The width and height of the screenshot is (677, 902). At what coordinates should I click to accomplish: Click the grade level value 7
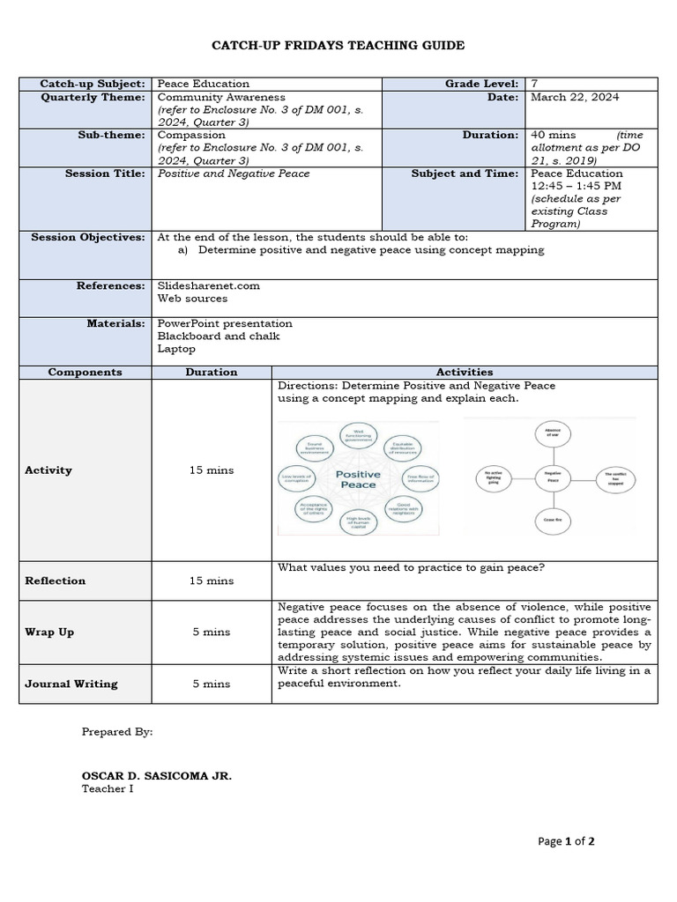click(x=534, y=84)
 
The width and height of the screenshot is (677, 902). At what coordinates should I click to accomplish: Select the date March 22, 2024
click(x=568, y=98)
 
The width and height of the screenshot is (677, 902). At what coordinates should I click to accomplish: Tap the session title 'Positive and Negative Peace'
click(x=233, y=174)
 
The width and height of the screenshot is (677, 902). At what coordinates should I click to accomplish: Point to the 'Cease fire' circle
click(x=548, y=521)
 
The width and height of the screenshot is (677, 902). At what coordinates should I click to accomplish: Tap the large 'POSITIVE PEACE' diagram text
click(x=359, y=479)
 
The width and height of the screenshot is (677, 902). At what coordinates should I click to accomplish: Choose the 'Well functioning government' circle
click(x=359, y=435)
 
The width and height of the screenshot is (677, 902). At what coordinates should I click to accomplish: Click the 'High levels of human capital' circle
click(x=359, y=521)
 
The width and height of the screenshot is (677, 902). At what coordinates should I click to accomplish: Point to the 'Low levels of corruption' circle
click(x=298, y=479)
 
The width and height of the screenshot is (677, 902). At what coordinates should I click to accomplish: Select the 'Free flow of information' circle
click(x=420, y=478)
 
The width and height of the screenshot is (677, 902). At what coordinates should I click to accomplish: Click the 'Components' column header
click(x=85, y=373)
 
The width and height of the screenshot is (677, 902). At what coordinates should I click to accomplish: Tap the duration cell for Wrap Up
click(x=212, y=632)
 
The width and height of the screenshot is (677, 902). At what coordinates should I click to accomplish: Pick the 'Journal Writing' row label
click(x=71, y=684)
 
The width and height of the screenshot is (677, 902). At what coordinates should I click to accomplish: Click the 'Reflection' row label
click(x=56, y=580)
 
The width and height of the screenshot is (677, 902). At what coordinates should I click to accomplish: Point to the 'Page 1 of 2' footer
click(x=566, y=841)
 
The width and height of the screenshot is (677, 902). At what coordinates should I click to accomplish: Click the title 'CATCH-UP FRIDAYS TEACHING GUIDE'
click(x=338, y=45)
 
